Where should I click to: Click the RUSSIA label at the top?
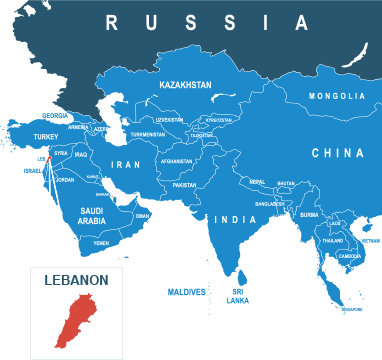[x=207, y=22]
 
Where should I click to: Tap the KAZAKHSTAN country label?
[x=185, y=86]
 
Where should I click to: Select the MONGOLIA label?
[x=337, y=96]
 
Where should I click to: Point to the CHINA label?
[x=337, y=153]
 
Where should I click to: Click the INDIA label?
[x=236, y=219]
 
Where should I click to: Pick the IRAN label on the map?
[x=126, y=164]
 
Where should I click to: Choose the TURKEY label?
[x=46, y=136]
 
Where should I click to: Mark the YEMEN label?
[x=101, y=243]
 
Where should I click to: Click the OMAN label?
[x=142, y=215]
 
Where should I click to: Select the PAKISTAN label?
[x=184, y=185]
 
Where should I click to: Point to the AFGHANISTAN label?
[x=176, y=161]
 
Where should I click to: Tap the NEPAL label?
[x=257, y=182]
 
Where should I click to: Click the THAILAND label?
[x=332, y=241]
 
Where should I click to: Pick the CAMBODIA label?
[x=349, y=256]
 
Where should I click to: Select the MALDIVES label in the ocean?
[x=186, y=291]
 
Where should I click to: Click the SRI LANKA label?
[x=237, y=296]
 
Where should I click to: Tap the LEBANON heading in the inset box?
[x=76, y=281]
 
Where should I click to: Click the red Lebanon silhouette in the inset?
[x=70, y=322]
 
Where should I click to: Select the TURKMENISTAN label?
[x=147, y=134]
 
